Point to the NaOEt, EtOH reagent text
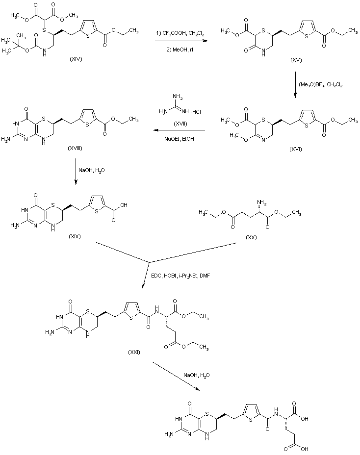click(178, 139)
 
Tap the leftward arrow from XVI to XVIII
click(178, 130)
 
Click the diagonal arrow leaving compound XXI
click(176, 376)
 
